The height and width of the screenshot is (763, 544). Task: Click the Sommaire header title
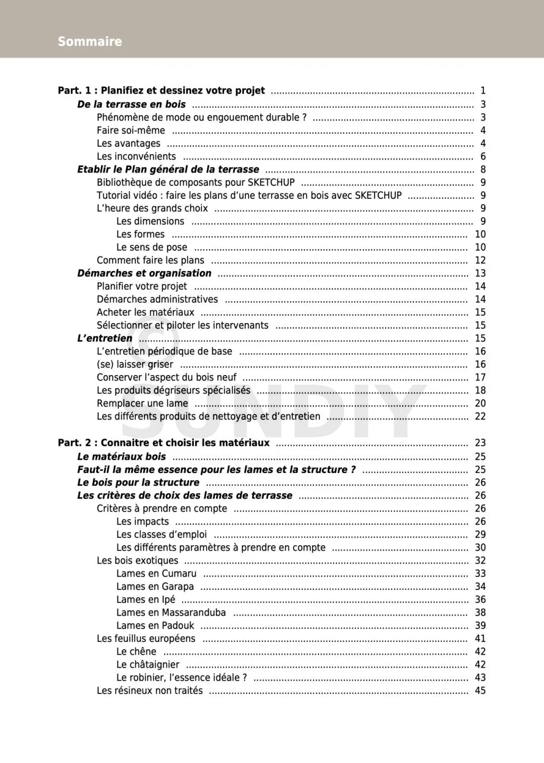[x=90, y=41]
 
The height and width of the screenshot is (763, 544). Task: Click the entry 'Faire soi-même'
[x=131, y=130]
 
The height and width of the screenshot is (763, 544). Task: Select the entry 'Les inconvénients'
[x=136, y=156]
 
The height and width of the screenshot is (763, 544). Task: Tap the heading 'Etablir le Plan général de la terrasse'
[x=168, y=169]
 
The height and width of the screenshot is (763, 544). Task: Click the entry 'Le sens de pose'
[x=151, y=247]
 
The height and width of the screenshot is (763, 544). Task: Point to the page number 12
[x=480, y=260]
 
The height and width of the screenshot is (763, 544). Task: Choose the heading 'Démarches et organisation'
[x=144, y=273]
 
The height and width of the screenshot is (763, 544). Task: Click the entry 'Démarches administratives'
[x=157, y=299]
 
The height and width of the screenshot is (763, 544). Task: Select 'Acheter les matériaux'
[x=145, y=312]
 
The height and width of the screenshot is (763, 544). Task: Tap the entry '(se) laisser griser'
[x=135, y=364]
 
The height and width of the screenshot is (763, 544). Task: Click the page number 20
[x=480, y=403]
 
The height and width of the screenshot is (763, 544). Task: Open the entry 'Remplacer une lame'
[x=142, y=403]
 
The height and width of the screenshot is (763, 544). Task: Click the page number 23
[x=480, y=443]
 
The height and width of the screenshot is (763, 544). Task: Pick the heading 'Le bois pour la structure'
[x=138, y=482]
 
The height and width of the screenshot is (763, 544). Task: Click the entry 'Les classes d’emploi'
[x=161, y=535]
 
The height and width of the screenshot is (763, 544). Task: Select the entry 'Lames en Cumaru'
[x=156, y=573]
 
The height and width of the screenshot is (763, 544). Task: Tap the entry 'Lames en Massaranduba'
[x=171, y=613]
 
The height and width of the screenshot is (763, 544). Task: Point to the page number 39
[x=480, y=625]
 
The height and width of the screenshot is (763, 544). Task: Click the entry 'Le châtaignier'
[x=148, y=665]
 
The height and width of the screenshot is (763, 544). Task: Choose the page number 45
[x=480, y=691]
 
